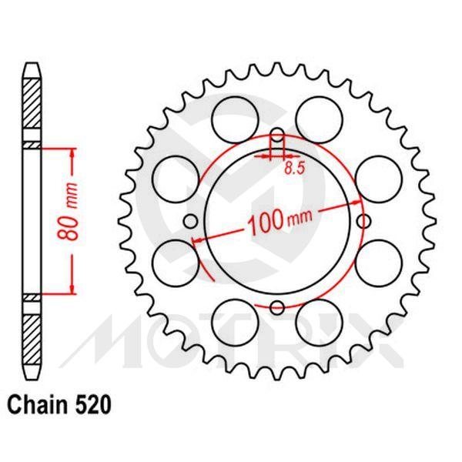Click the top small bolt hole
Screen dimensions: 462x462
276,139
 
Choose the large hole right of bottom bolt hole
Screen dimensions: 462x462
318,317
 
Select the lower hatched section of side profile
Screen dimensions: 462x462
30,331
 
